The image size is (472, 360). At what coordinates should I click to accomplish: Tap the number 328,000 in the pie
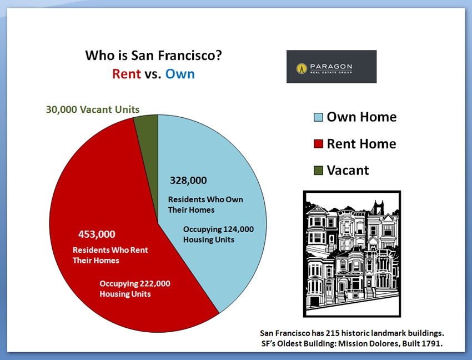[x=188, y=181]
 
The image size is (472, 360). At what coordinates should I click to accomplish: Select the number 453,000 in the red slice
[x=97, y=234]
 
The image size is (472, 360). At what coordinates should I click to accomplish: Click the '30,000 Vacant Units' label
[x=92, y=109]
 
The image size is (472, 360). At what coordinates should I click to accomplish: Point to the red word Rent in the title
[x=127, y=74]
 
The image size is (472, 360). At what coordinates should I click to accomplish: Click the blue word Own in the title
[x=180, y=74]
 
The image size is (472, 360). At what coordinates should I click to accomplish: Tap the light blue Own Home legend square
[x=318, y=117]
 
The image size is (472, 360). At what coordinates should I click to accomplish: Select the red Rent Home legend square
[x=318, y=144]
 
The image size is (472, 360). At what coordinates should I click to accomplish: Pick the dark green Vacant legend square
[x=318, y=171]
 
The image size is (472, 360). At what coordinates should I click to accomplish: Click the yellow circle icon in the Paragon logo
[x=302, y=68]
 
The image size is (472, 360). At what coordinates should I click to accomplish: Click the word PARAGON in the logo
[x=331, y=66]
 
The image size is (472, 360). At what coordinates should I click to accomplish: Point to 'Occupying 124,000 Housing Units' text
[x=218, y=234]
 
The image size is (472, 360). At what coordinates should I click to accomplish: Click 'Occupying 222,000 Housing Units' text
[x=135, y=288]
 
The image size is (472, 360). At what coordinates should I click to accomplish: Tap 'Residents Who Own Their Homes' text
[x=205, y=204]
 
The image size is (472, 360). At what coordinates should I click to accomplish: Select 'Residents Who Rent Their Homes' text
[x=110, y=255]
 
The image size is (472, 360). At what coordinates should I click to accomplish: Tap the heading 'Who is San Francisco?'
[x=153, y=56]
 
